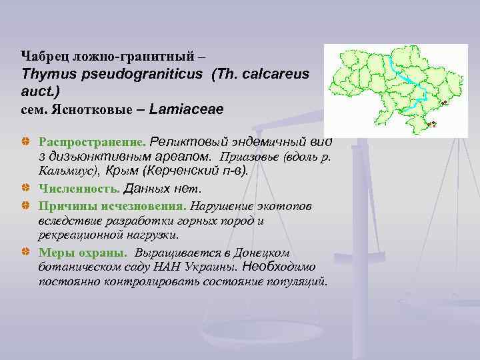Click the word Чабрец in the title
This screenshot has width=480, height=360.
click(x=41, y=54)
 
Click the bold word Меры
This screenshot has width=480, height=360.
click(x=54, y=253)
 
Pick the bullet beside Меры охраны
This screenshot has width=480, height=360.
click(x=25, y=253)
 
